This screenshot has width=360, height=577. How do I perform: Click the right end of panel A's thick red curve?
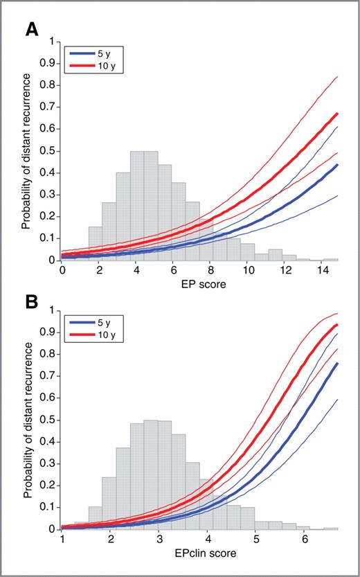[337, 113]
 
